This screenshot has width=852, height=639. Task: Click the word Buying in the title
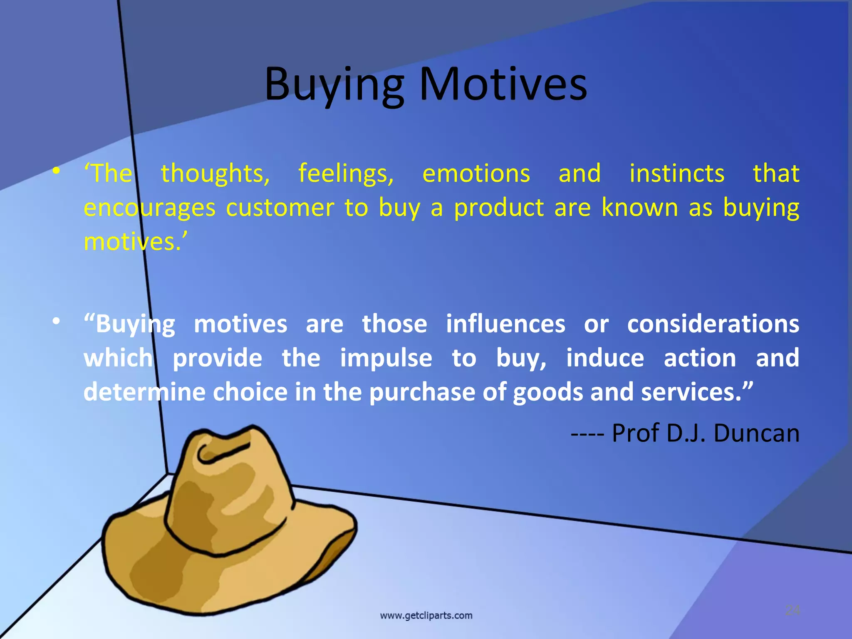[x=334, y=85]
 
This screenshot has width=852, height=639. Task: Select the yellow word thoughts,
[x=215, y=173]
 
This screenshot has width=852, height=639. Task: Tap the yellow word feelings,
[x=346, y=173]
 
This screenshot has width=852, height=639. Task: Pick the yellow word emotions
[x=476, y=173]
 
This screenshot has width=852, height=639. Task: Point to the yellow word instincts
[x=677, y=173]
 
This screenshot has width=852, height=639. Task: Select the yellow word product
[x=499, y=208]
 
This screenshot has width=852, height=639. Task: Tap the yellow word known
[x=640, y=208]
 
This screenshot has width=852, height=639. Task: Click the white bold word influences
[x=505, y=324]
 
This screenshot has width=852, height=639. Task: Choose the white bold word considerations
[x=713, y=324]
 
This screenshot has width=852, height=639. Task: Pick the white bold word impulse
[x=386, y=358]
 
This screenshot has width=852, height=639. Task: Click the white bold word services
[x=691, y=392]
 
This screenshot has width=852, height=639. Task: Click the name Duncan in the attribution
[x=756, y=433]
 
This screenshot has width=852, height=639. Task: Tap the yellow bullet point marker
[x=56, y=171]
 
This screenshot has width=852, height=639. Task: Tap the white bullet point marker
[x=56, y=321]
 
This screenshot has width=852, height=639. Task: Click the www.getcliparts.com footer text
[x=426, y=615]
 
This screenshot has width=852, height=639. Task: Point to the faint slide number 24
[x=793, y=610]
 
